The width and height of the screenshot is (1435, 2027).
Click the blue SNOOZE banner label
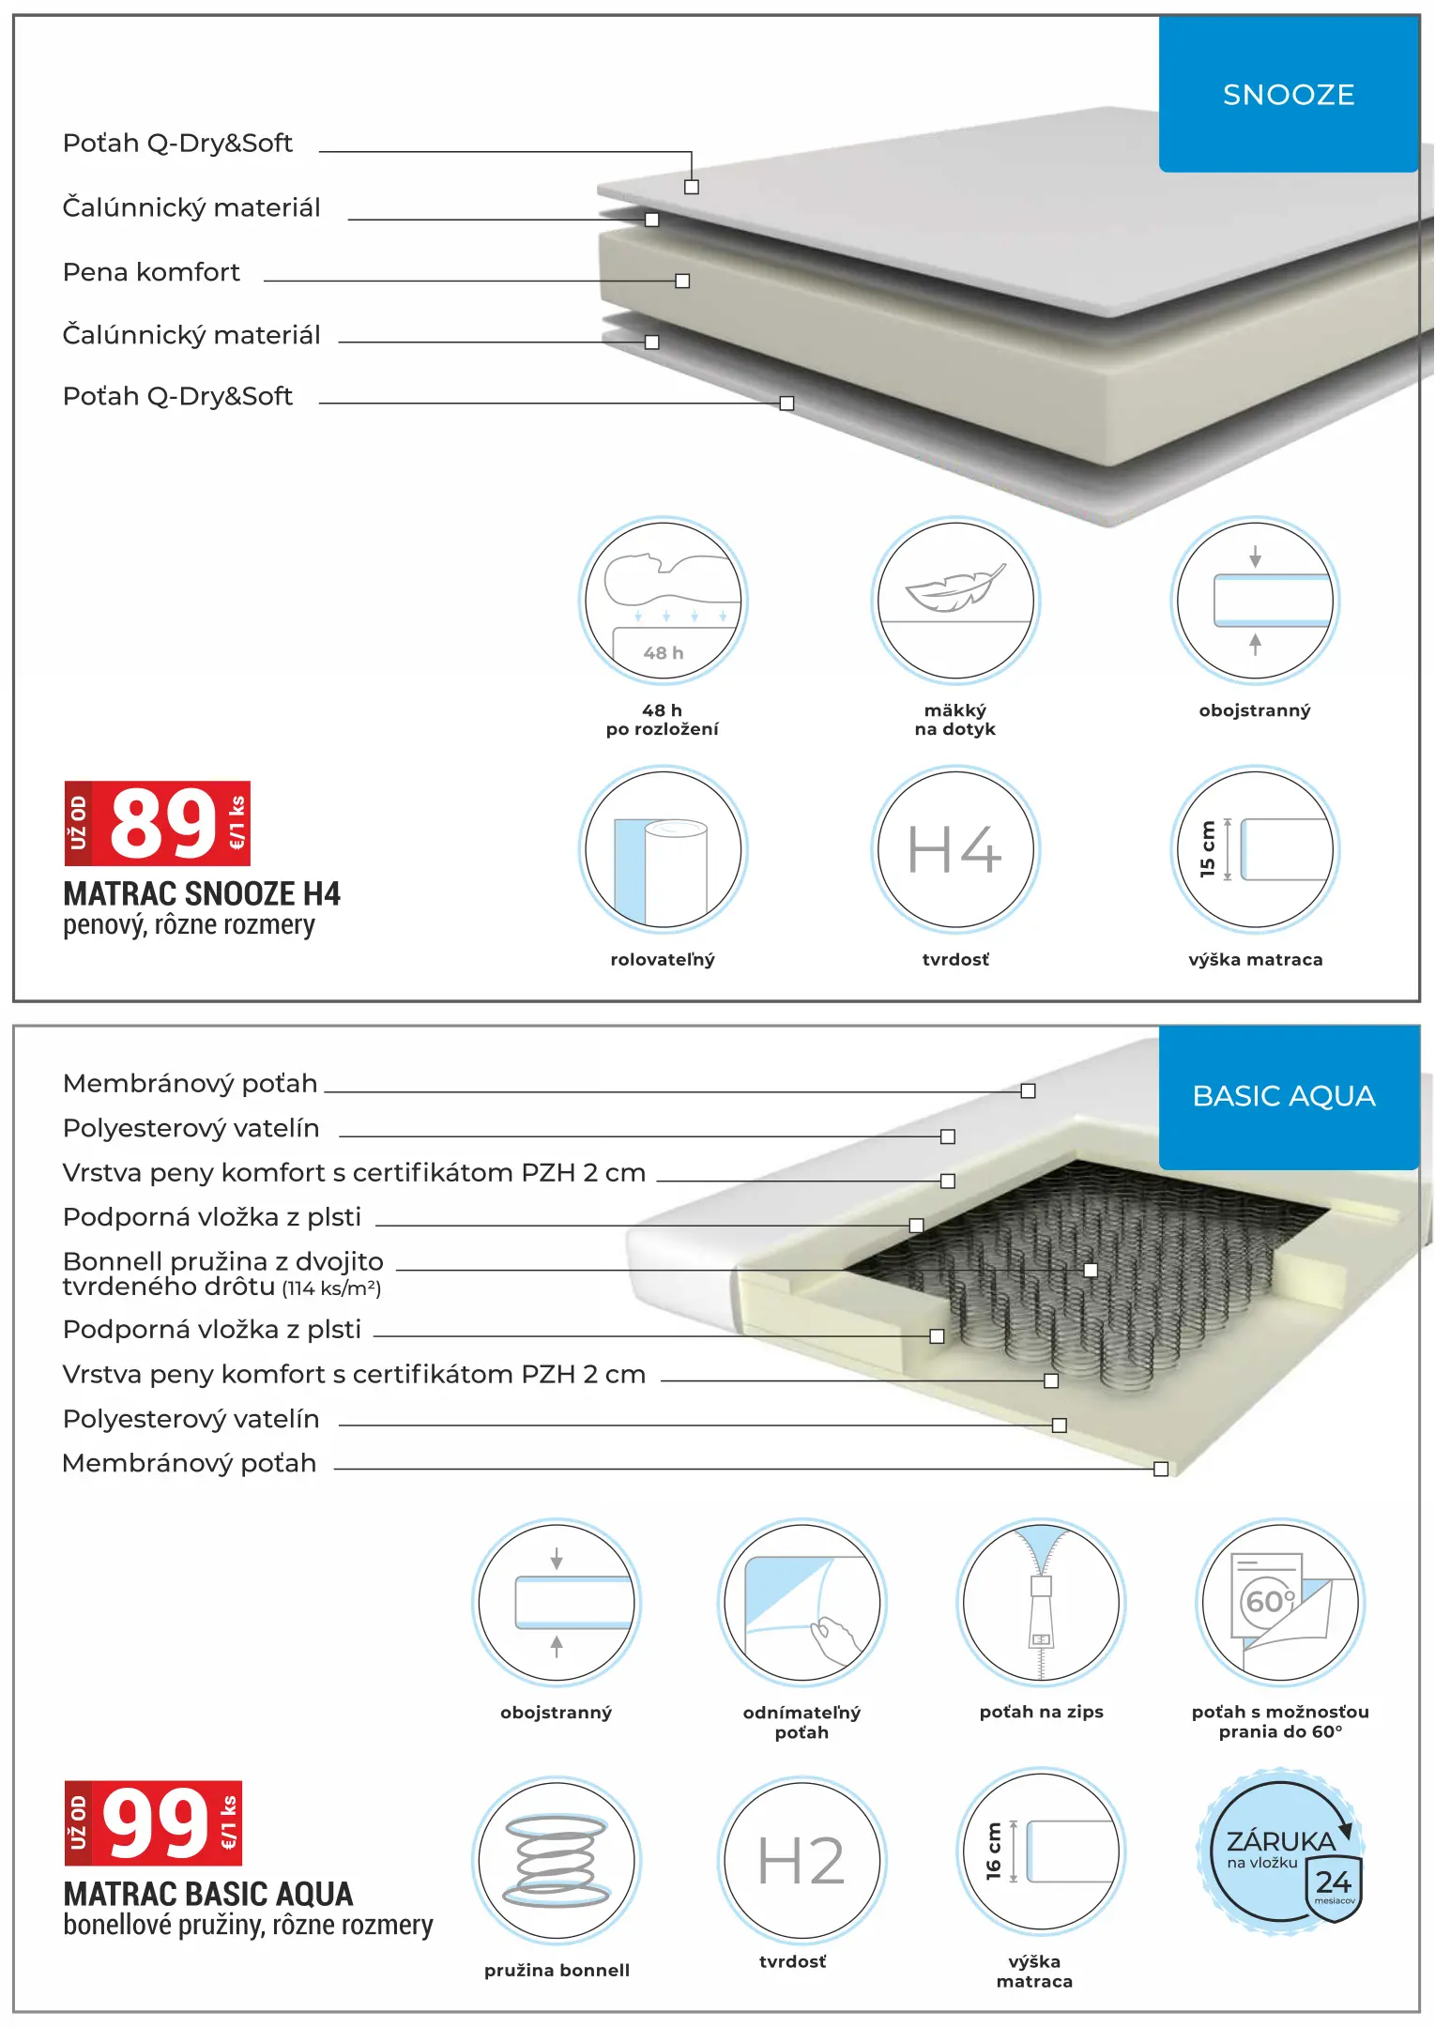(1288, 95)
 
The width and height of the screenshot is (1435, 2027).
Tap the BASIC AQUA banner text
(1283, 1096)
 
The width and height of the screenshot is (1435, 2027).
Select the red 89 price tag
(158, 823)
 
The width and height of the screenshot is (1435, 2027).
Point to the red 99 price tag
(154, 1822)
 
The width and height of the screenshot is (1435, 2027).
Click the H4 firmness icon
(954, 849)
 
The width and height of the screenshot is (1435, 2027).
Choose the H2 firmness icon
(801, 1861)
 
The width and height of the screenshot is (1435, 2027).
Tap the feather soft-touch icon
(954, 599)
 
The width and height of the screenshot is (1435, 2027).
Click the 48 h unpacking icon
(663, 599)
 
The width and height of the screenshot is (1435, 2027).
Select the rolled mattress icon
(663, 849)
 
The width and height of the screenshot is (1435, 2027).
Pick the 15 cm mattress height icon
(1255, 849)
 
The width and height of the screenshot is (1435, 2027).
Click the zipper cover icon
(1041, 1602)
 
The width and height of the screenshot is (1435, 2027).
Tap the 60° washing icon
(1280, 1602)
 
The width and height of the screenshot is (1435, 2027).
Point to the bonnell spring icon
(557, 1861)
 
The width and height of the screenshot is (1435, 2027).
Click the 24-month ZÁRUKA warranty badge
(1281, 1853)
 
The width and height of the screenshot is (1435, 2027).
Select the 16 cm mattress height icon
(1041, 1852)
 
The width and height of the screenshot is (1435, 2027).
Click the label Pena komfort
(151, 272)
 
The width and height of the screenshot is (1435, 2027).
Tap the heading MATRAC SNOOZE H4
(202, 893)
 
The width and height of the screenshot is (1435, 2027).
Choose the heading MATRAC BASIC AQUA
(208, 1894)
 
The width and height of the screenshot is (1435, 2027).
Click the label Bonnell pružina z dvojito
(223, 1261)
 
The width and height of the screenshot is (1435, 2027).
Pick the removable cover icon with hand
(801, 1602)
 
